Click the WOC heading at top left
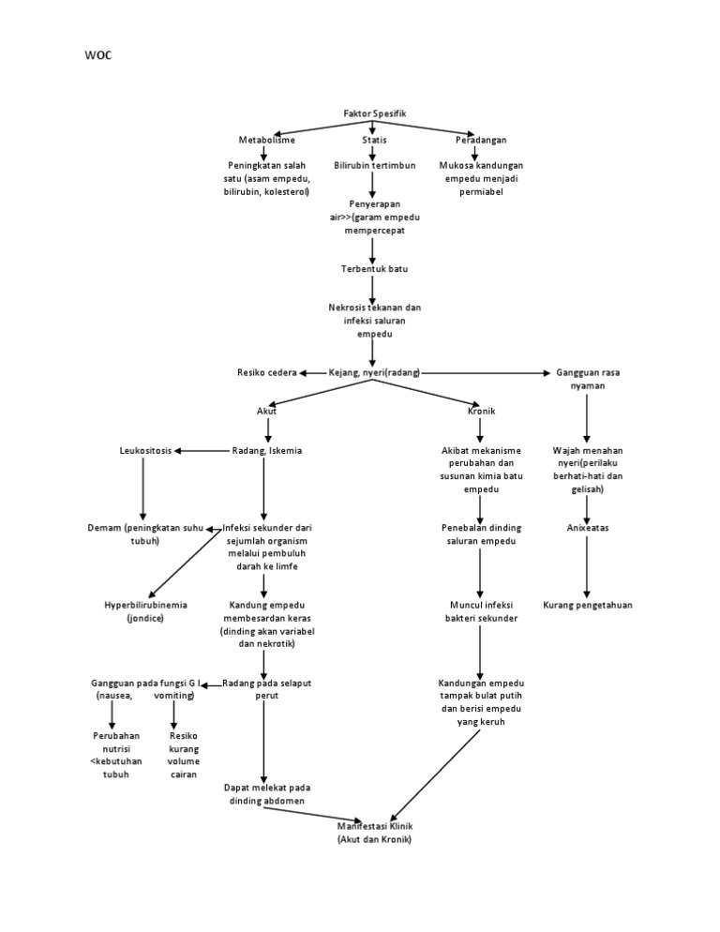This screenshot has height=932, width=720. click(x=98, y=55)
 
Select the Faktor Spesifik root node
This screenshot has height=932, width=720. click(x=374, y=113)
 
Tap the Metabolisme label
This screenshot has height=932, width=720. click(x=266, y=140)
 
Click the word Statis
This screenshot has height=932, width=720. click(x=374, y=140)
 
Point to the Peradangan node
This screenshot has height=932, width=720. click(x=481, y=140)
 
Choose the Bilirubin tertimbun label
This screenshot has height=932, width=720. click(x=374, y=165)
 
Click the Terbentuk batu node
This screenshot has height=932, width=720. click(x=374, y=269)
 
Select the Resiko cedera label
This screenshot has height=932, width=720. click(x=266, y=373)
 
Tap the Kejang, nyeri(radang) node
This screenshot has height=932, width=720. click(x=374, y=373)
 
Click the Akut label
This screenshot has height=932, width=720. click(x=267, y=411)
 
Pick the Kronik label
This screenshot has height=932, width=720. click(x=481, y=411)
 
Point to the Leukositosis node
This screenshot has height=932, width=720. click(x=145, y=451)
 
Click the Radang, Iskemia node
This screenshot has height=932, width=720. click(x=266, y=451)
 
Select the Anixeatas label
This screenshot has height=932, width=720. click(x=588, y=528)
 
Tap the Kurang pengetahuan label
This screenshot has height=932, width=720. click(x=588, y=605)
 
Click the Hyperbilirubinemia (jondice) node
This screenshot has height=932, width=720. click(x=145, y=611)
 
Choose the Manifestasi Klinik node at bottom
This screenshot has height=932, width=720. click(x=374, y=833)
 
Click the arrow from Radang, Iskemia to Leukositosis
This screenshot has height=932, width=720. click(x=202, y=451)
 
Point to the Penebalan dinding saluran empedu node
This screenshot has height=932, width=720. click(x=481, y=534)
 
